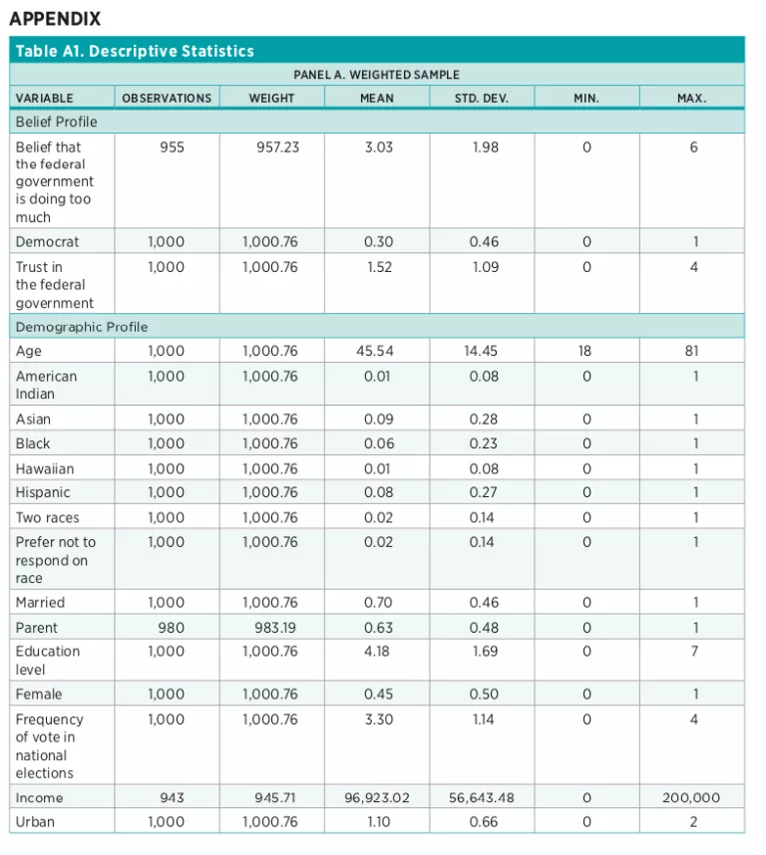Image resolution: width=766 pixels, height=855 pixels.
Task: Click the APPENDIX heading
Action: pos(55,19)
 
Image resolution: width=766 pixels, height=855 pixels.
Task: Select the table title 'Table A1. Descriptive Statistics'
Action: pos(135,51)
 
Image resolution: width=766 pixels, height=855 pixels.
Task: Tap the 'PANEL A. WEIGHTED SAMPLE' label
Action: pos(376,75)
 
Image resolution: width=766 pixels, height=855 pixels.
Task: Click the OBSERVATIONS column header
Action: pos(167,98)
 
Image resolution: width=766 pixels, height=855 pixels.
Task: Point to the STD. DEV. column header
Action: pos(483,98)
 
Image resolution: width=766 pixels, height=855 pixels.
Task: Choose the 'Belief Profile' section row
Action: pos(56,122)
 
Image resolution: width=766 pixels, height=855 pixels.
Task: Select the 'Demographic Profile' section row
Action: pos(82,327)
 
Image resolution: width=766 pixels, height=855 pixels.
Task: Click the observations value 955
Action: pos(172,147)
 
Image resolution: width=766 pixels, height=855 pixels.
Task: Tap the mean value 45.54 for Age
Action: pos(378,351)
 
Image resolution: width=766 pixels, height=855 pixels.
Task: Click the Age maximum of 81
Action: pos(693,351)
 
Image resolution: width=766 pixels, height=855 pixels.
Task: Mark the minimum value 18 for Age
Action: pos(585,351)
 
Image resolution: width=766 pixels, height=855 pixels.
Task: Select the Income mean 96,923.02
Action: pos(378,797)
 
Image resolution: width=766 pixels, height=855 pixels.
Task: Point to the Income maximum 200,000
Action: pos(693,797)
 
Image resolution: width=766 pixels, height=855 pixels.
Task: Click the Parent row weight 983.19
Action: pos(272,628)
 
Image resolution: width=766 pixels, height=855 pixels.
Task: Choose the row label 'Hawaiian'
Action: pos(45,468)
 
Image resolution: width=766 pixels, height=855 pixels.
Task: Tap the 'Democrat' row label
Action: pos(47,241)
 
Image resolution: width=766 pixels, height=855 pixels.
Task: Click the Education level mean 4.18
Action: pos(378,652)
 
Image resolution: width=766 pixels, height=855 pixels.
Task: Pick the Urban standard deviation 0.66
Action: pos(484,822)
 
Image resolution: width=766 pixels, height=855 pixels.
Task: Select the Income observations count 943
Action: pos(172,797)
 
